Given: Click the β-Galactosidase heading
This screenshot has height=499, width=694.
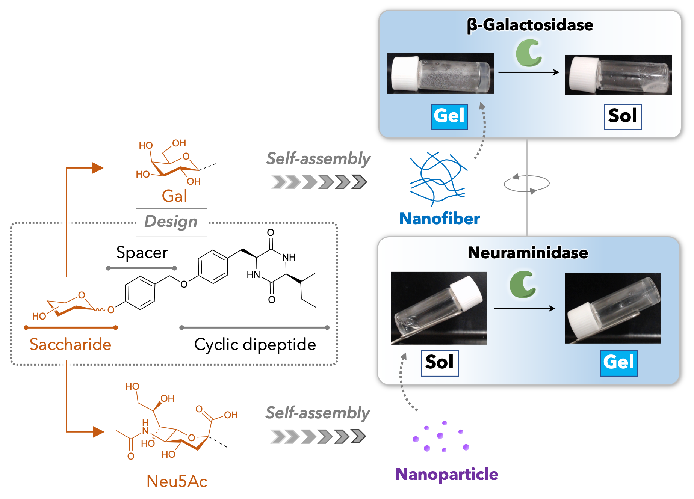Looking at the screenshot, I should point(530,25).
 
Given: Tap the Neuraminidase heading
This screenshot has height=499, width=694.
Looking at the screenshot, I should point(528,253).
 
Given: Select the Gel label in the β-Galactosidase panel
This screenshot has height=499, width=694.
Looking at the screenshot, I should point(449,116).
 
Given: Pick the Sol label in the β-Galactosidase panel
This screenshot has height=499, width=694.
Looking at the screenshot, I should point(622,116).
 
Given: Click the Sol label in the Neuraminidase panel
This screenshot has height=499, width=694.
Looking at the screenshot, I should point(439,363).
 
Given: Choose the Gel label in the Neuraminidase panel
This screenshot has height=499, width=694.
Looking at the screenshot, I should point(618,363).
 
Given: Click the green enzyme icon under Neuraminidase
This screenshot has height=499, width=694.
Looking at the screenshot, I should point(522,284).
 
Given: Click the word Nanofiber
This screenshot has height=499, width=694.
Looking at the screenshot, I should point(439,219).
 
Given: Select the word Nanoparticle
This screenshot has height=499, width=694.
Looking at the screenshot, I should point(446,474).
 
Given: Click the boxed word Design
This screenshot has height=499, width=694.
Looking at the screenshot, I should point(171,222).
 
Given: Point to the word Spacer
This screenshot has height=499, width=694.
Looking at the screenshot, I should point(142,253).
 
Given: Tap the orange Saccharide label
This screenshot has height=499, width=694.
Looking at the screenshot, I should point(70,344).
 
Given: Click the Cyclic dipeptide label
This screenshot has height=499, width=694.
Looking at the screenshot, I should point(255,344).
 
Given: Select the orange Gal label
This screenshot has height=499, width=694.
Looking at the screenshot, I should point(174,196).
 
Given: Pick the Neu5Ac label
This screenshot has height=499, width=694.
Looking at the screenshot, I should point(177,481).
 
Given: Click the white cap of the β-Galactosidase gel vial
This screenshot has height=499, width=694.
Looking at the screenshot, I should point(405,74).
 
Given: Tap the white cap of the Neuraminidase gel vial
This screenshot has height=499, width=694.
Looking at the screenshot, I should point(581,320).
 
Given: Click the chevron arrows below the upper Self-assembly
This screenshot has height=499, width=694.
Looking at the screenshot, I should point(319,182).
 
